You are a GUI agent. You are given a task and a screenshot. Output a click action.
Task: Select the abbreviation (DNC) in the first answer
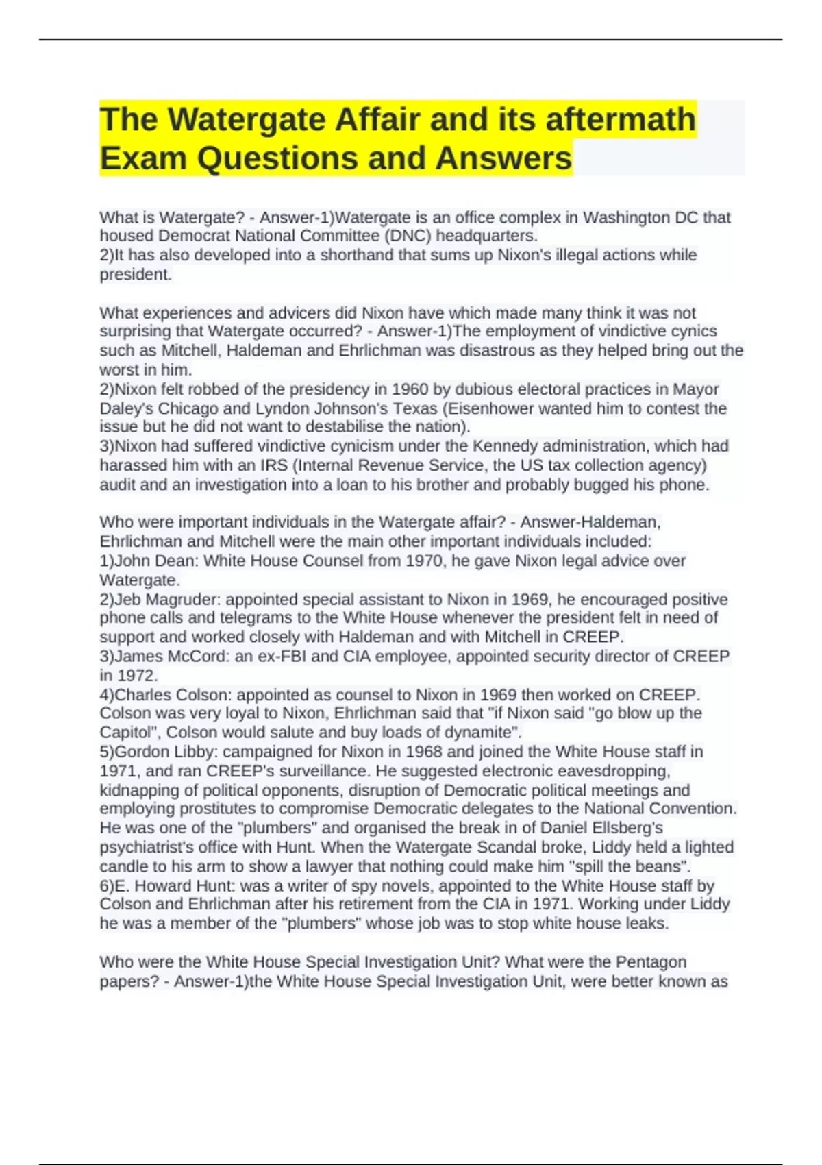point(408,236)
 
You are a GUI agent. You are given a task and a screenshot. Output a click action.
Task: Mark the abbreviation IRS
point(273,465)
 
